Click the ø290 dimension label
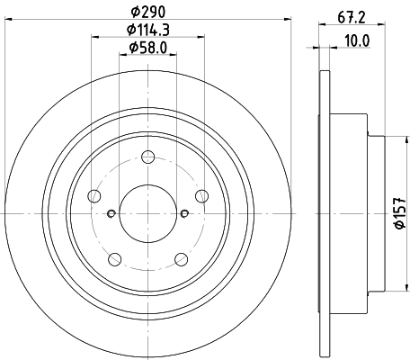[147, 13]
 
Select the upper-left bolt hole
[94, 195]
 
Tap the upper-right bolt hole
[201, 195]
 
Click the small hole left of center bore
[111, 213]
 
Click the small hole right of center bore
[184, 213]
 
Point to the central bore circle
[147, 213]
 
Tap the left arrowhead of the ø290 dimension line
[7, 21]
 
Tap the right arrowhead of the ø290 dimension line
[289, 21]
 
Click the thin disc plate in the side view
[324, 213]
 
